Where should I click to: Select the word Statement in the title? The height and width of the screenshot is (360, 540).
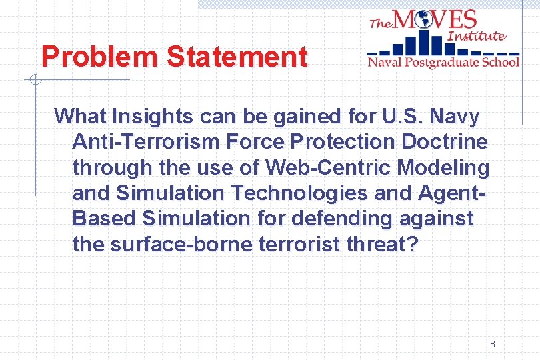[x=237, y=57]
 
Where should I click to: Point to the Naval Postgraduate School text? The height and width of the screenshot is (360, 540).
[x=443, y=62]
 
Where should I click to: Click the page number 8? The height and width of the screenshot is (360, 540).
[x=492, y=344]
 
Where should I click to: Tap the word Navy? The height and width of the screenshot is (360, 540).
[x=454, y=117]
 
